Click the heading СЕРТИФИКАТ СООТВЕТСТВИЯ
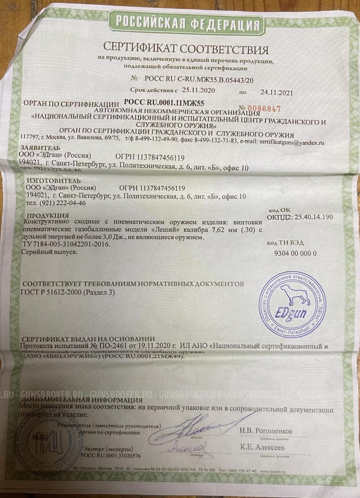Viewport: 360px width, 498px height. [x=186, y=48]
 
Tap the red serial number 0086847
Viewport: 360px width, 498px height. [x=265, y=109]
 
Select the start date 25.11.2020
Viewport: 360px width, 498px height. [x=199, y=90]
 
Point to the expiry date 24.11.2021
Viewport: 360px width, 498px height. [x=276, y=92]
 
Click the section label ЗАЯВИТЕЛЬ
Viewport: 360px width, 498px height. [x=40, y=148]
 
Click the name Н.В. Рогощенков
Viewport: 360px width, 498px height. [x=266, y=431]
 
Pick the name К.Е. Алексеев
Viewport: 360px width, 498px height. [x=262, y=448]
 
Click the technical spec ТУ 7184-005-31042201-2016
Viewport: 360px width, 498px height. [x=64, y=245]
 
